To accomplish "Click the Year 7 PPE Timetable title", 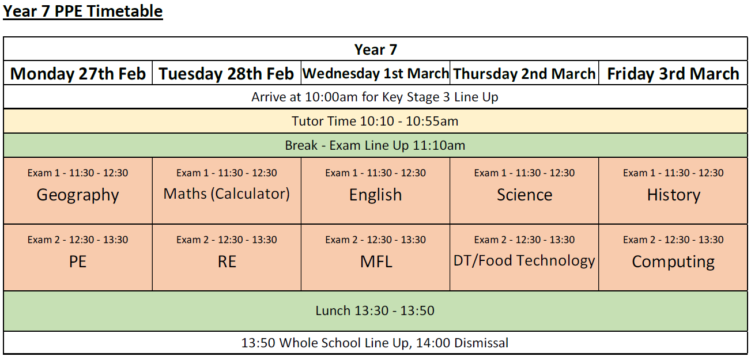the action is [x=83, y=12].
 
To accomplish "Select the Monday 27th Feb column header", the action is [x=78, y=74].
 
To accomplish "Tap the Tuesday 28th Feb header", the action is [x=227, y=74].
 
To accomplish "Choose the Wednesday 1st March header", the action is [x=376, y=73].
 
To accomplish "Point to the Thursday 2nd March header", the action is [x=524, y=74].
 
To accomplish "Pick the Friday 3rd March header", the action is [x=673, y=74].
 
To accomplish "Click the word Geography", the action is [x=78, y=195].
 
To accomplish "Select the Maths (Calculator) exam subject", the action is [x=227, y=194].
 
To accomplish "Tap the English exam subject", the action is [x=376, y=195].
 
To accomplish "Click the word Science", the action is [x=524, y=195].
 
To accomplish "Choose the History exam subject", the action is [x=674, y=195].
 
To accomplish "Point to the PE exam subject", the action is [x=78, y=262].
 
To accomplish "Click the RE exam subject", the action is [x=227, y=262].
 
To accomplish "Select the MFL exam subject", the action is [x=376, y=262].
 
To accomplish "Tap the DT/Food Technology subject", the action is [x=524, y=260].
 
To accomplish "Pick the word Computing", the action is [x=673, y=262].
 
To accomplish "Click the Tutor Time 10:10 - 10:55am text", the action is [x=375, y=121].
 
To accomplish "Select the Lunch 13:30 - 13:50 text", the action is [x=375, y=310].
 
